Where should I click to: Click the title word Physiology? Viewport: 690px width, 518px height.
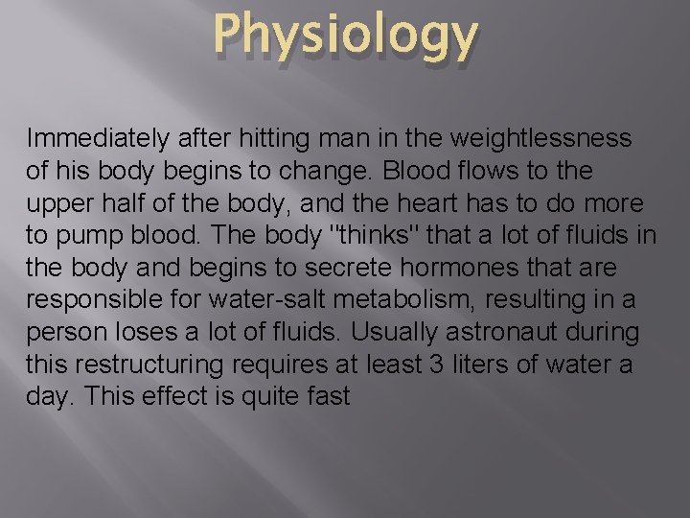click(345, 35)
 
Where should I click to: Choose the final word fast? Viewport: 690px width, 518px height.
click(327, 397)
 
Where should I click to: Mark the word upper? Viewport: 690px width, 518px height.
click(57, 204)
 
